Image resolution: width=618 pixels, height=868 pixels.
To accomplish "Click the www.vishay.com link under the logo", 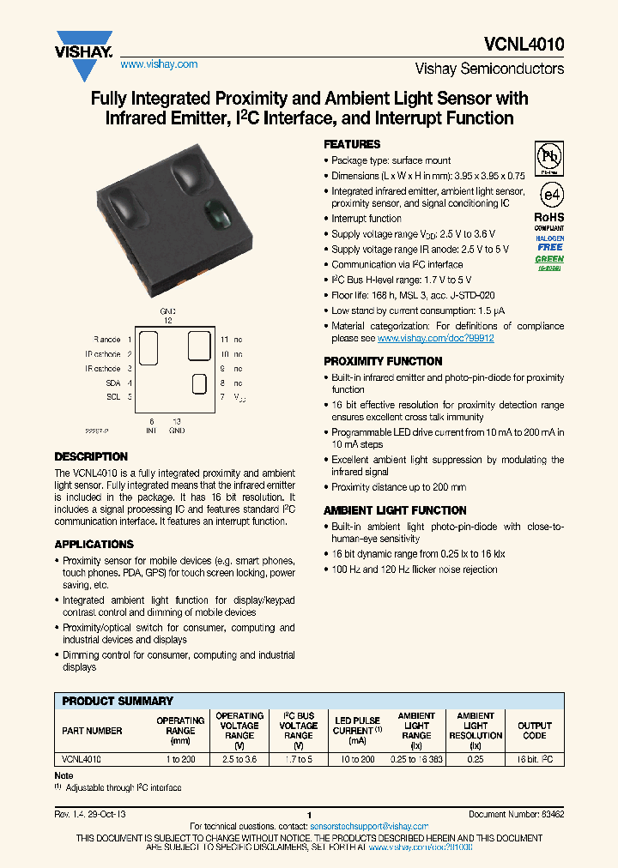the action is (159, 64).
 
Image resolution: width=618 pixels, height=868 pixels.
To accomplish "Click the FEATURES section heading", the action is (352, 144).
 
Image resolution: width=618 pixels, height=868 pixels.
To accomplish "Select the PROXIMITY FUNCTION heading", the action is (383, 361).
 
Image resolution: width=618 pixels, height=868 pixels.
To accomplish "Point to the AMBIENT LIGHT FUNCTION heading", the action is (395, 510).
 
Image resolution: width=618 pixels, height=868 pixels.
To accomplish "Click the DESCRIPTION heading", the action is (91, 456).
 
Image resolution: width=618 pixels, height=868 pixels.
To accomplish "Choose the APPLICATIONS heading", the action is (94, 544).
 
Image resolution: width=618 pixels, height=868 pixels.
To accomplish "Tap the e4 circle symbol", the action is (549, 193).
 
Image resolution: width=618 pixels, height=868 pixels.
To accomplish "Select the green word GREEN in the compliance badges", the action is (549, 259).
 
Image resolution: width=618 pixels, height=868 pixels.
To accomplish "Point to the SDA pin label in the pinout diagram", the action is (113, 383).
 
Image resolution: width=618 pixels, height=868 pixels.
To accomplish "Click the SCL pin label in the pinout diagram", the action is (113, 397).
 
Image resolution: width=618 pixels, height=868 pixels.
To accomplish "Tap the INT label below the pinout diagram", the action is (151, 431).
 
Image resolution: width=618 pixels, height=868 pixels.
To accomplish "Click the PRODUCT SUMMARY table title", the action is (118, 701).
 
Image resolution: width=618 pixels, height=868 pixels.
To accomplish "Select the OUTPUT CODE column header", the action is (534, 731).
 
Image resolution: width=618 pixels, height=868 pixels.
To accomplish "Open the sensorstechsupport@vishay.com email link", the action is (368, 826).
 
